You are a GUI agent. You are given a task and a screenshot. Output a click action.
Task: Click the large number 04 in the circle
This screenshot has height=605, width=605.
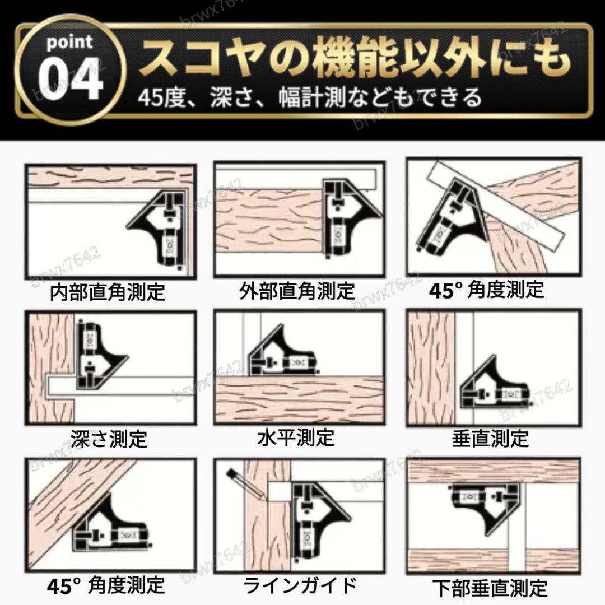click(71, 79)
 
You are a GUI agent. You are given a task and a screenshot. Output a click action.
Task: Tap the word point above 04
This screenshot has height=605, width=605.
click(69, 42)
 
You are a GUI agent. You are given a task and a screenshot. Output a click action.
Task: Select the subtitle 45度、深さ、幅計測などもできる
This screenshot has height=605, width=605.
click(310, 97)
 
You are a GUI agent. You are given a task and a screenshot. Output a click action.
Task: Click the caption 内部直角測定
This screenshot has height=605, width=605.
click(108, 292)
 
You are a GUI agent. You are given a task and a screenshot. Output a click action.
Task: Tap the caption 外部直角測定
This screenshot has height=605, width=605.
click(297, 291)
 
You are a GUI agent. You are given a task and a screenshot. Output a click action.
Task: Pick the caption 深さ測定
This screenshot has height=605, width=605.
click(109, 438)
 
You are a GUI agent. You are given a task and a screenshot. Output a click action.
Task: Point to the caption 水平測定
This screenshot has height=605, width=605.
click(296, 437)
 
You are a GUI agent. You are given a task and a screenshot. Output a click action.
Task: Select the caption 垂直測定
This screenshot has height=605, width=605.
click(490, 438)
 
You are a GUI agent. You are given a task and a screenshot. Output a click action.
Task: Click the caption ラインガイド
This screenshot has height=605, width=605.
click(300, 585)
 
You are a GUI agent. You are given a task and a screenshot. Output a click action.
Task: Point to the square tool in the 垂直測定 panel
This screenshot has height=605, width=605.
click(496, 386)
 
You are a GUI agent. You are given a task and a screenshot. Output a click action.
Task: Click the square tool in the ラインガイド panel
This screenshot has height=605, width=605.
click(317, 521)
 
